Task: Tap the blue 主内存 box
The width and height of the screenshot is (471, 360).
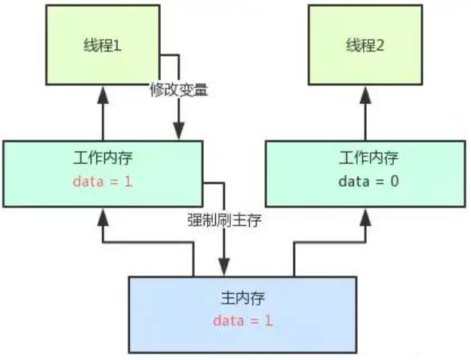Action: click(x=242, y=313)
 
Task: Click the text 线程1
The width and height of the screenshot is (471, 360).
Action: click(x=103, y=45)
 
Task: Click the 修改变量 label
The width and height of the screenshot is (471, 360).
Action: click(x=178, y=89)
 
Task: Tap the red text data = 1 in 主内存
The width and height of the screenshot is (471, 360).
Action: click(x=242, y=321)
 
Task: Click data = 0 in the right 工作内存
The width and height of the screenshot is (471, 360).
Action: click(x=365, y=182)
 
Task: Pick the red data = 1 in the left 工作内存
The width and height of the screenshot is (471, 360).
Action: click(x=103, y=182)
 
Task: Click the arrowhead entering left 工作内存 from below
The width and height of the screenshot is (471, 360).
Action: click(x=103, y=219)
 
